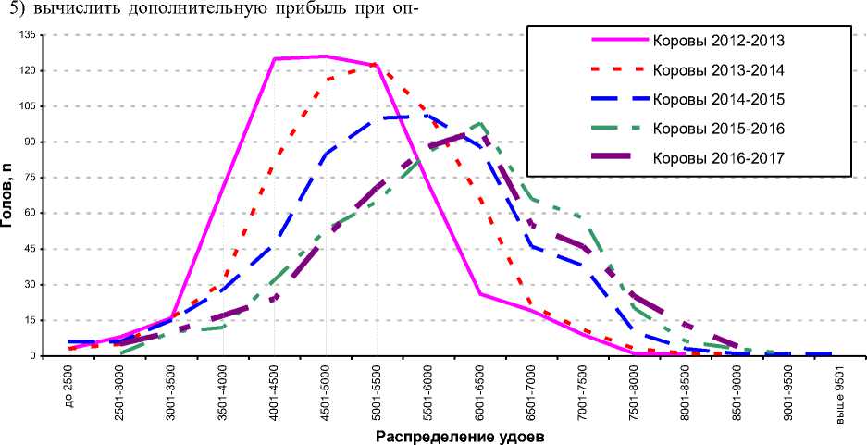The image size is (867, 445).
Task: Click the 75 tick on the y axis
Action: [x=28, y=178]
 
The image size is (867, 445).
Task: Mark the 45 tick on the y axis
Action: [x=28, y=249]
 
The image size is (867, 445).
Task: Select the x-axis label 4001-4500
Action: [x=275, y=395]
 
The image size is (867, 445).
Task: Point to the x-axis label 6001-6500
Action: [x=479, y=395]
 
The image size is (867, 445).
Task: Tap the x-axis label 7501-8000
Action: [x=632, y=395]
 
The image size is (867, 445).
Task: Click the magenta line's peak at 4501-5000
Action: [x=326, y=56]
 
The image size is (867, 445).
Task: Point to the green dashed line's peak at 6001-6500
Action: [x=479, y=123]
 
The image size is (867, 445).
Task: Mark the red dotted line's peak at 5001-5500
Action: [x=376, y=65]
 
